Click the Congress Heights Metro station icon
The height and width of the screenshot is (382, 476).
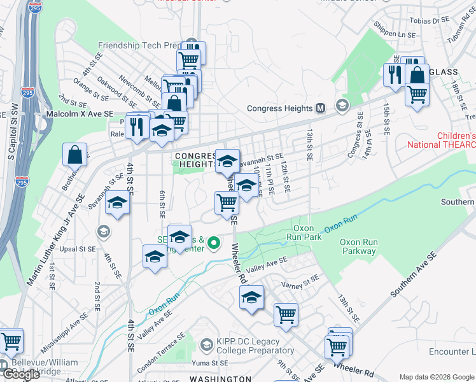(321, 108)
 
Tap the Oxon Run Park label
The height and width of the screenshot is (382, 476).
(309, 232)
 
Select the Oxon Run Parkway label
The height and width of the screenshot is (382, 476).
(359, 246)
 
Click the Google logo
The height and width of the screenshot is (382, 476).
(20, 374)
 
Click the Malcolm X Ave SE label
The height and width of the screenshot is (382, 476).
(81, 113)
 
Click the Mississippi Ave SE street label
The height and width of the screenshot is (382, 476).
(64, 332)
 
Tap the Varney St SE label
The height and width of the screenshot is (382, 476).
(301, 281)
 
